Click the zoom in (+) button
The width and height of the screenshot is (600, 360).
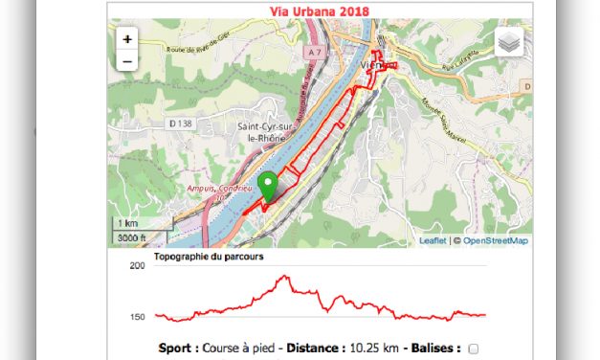pyautogui.click(x=127, y=40)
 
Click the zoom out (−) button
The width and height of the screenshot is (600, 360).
pyautogui.click(x=127, y=61)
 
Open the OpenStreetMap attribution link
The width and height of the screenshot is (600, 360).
pyautogui.click(x=496, y=240)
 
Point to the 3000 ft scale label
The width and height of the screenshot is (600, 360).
pyautogui.click(x=132, y=236)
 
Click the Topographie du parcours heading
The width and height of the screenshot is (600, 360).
pyautogui.click(x=209, y=257)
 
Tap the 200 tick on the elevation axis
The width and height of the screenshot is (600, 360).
pyautogui.click(x=136, y=265)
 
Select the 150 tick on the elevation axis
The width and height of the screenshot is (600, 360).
pyautogui.click(x=136, y=317)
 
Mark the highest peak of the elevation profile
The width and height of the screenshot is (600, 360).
pyautogui.click(x=284, y=277)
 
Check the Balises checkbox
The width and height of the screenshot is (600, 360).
pyautogui.click(x=474, y=349)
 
